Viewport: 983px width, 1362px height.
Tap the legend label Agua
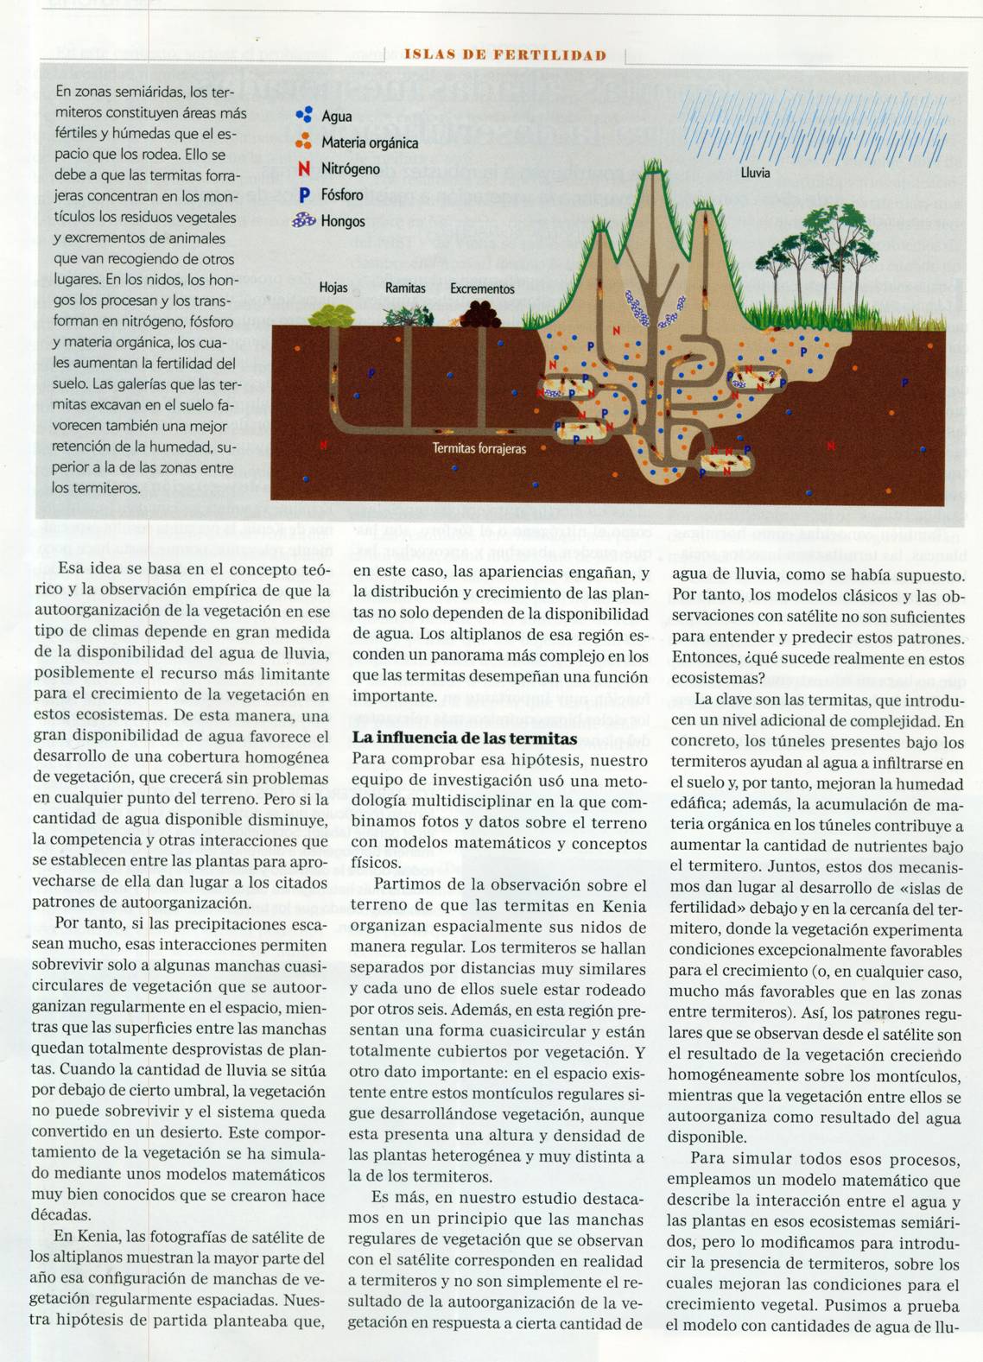[336, 117]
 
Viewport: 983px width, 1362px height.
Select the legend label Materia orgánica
[369, 143]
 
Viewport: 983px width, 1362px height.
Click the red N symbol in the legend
[303, 169]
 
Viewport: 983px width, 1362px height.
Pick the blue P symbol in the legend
[303, 195]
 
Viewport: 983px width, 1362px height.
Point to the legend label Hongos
[342, 221]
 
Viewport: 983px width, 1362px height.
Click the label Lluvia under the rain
[755, 173]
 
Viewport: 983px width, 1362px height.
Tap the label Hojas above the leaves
[333, 288]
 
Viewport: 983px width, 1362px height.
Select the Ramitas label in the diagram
[405, 288]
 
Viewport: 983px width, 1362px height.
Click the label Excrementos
[482, 288]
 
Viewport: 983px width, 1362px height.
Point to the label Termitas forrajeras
[479, 448]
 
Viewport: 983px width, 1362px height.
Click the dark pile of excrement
[480, 313]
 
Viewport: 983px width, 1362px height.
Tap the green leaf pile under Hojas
[330, 315]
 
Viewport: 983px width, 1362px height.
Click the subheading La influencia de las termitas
[465, 738]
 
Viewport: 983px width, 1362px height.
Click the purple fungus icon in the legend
[304, 221]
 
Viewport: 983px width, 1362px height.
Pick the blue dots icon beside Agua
[303, 115]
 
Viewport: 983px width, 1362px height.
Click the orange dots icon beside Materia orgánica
[303, 142]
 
